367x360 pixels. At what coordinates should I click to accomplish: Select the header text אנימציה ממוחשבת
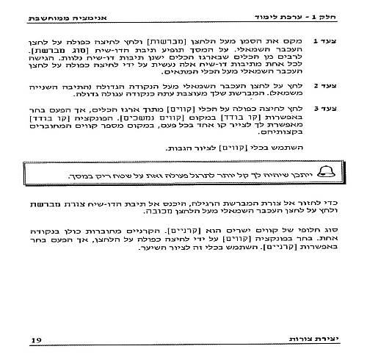[x=73, y=16]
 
